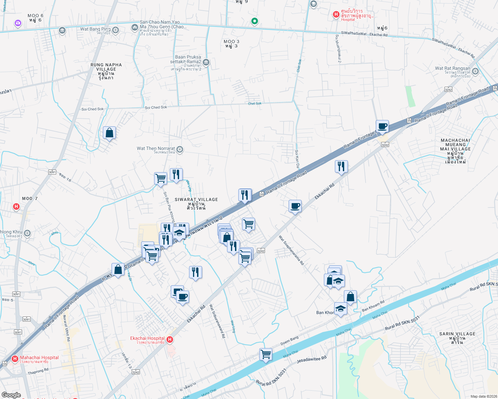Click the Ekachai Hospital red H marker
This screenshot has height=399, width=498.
(170, 339)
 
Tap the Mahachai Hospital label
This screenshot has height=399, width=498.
(39, 358)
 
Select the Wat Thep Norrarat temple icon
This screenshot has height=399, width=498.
(180, 150)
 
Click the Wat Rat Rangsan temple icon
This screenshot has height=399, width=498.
(475, 71)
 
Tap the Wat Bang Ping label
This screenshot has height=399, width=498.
(95, 29)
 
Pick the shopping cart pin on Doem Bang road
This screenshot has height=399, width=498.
(266, 354)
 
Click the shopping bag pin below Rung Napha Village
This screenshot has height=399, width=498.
(109, 133)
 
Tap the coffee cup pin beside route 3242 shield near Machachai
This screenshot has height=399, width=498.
(382, 126)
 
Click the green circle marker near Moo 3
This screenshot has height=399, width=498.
(254, 21)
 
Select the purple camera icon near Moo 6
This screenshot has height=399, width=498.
(18, 23)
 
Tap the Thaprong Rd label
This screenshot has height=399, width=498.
(38, 371)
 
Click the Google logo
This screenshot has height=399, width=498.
(11, 395)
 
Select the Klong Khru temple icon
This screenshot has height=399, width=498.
(27, 233)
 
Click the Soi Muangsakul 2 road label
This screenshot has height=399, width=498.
(339, 49)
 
